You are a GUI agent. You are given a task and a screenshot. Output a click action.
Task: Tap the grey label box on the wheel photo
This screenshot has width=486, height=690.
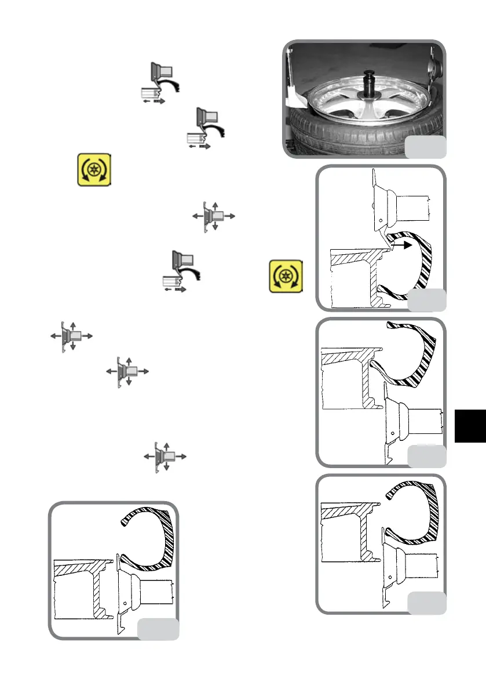click(x=425, y=147)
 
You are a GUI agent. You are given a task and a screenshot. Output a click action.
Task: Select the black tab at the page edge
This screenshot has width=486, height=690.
click(x=470, y=425)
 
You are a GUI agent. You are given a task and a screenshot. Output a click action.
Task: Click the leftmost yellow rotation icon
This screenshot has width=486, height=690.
click(x=94, y=170)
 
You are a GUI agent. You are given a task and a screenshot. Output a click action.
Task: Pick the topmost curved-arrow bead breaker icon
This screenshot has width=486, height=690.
click(x=161, y=83)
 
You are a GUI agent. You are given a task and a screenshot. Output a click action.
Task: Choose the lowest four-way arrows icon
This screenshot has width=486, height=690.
click(x=166, y=457)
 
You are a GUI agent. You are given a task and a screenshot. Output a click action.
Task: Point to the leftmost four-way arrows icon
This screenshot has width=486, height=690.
click(x=70, y=335)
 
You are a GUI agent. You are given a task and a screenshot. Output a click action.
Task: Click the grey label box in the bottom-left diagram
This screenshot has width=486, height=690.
click(x=158, y=629)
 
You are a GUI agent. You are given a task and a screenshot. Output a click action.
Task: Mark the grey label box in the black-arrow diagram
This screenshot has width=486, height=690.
click(x=426, y=299)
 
